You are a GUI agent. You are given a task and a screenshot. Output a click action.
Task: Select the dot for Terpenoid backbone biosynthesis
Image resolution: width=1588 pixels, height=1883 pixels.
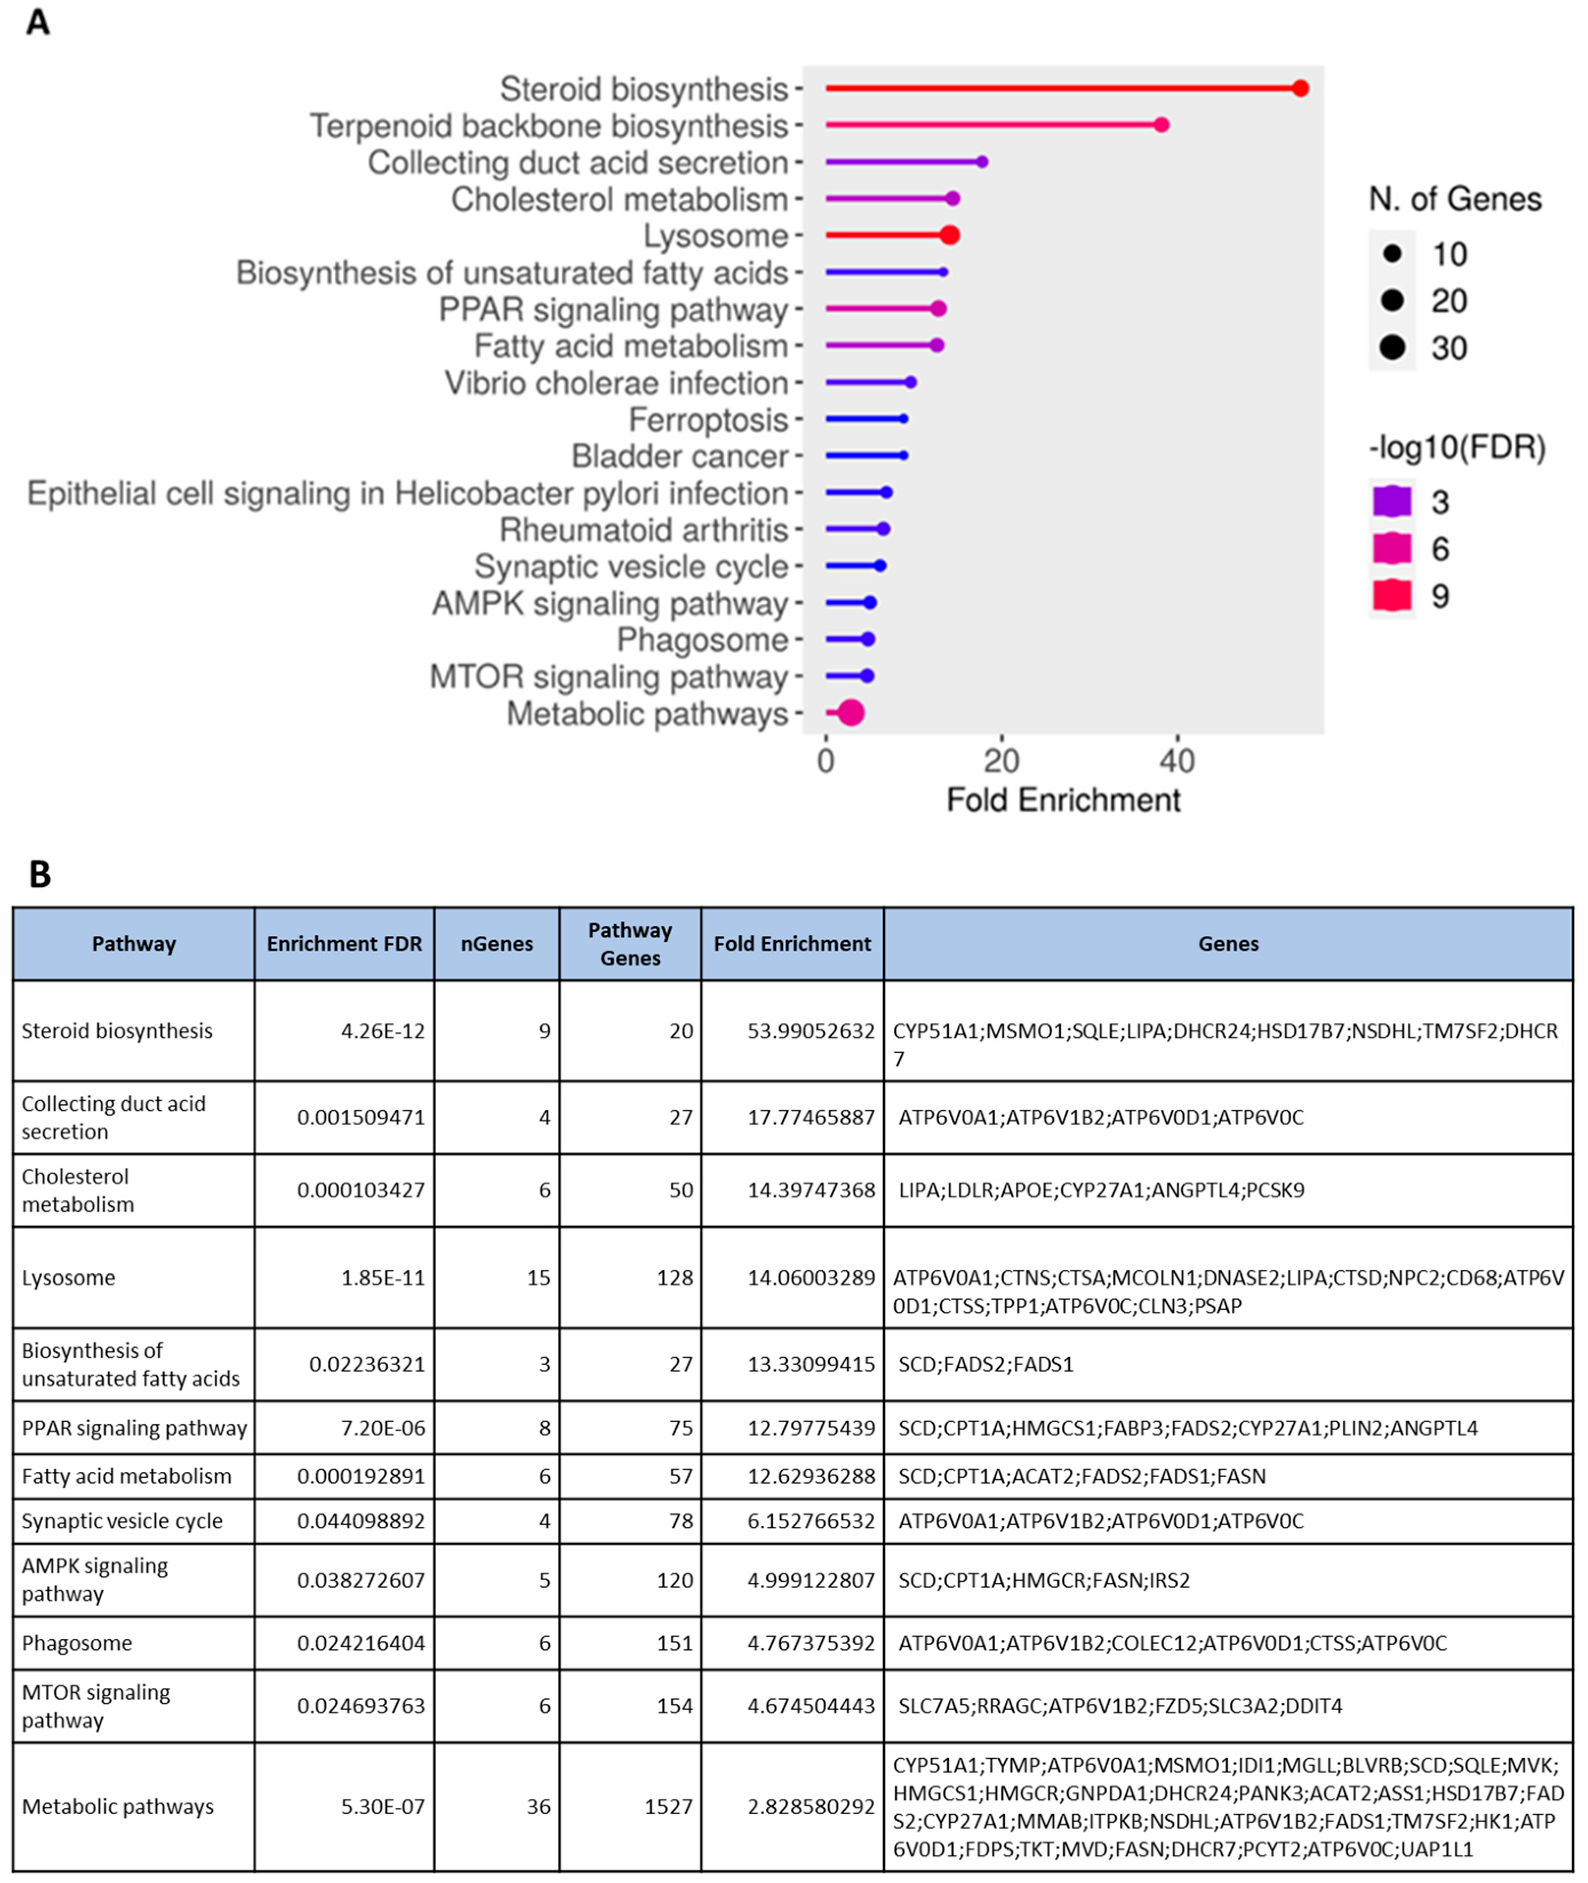[x=1161, y=125]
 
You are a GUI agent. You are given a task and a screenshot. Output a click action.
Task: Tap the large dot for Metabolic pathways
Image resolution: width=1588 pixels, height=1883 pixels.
[x=851, y=713]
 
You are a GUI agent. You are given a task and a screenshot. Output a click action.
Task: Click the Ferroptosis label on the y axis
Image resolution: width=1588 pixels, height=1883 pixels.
[x=708, y=420]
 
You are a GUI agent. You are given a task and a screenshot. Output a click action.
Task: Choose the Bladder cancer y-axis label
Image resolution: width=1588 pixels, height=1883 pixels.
[x=680, y=456]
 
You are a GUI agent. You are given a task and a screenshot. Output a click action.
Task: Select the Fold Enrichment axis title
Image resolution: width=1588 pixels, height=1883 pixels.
[x=1062, y=800]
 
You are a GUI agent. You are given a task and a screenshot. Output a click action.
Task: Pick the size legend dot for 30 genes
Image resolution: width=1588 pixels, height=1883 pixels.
[x=1392, y=348]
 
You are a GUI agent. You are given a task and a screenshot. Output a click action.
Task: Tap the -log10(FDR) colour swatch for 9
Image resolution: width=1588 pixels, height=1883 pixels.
[x=1392, y=595]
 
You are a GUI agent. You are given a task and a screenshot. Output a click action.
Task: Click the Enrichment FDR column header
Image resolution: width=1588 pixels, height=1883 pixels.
[x=344, y=944]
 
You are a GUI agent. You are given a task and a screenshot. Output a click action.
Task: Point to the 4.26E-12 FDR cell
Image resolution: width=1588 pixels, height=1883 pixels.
[x=383, y=1031]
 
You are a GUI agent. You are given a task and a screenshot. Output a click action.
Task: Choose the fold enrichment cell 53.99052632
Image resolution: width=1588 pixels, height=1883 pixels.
[x=810, y=1031]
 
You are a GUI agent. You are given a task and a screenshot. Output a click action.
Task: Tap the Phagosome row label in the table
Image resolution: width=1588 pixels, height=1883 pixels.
[x=77, y=1643]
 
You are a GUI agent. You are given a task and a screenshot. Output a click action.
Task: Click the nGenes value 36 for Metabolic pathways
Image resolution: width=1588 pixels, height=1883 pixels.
[x=538, y=1806]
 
